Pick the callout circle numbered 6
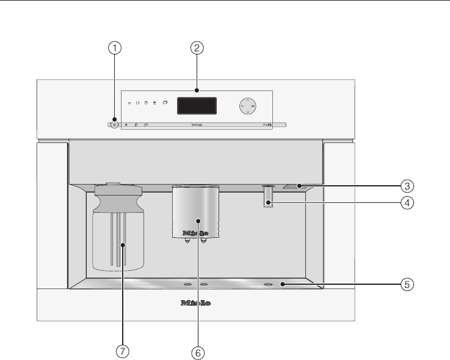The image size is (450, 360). [x=197, y=353]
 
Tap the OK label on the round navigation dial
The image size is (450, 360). [x=253, y=106]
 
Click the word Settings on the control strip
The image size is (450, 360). [x=197, y=124]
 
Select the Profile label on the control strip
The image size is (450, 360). [x=267, y=124]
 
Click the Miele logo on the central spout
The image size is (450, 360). [x=197, y=233]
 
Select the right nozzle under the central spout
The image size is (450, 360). [x=205, y=240]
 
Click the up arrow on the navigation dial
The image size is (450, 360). [x=247, y=100]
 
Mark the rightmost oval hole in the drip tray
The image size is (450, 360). [x=267, y=284]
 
